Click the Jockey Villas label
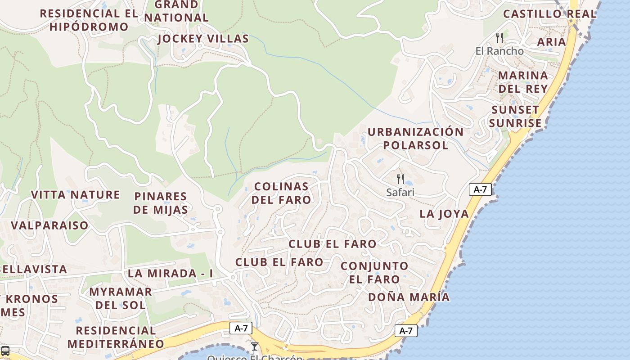(x=203, y=39)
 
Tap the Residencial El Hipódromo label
(x=89, y=20)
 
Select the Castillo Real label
(x=549, y=14)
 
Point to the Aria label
(x=552, y=42)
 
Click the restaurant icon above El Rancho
(x=499, y=37)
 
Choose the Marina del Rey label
(x=523, y=82)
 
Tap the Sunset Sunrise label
(x=515, y=117)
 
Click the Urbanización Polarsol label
(x=415, y=139)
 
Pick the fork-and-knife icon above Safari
(x=400, y=179)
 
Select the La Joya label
(x=444, y=214)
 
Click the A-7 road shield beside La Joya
(x=480, y=189)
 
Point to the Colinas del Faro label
(x=281, y=193)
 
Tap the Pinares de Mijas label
(x=161, y=203)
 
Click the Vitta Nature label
(x=76, y=195)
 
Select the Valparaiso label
(x=49, y=225)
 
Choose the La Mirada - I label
(x=170, y=273)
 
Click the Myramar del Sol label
(x=120, y=298)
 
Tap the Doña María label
(x=409, y=297)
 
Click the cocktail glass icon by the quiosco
(x=255, y=346)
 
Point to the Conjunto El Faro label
(x=374, y=272)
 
